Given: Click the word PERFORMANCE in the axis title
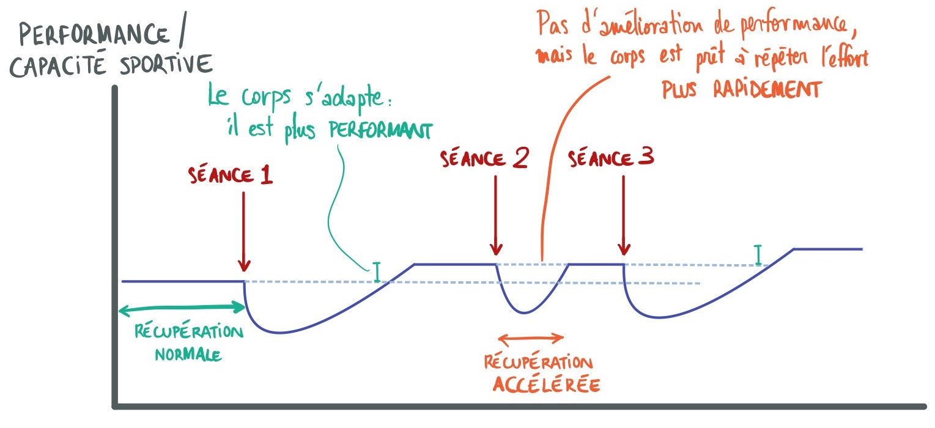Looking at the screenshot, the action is coord(94,35).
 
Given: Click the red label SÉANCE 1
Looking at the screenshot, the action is coord(231,177).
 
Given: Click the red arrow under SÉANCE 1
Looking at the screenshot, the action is coord(244,232).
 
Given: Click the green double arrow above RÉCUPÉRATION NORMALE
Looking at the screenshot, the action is coord(181,310).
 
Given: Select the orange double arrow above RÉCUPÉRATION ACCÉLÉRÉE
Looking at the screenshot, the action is coord(530,337).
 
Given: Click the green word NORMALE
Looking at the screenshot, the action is coord(187,354).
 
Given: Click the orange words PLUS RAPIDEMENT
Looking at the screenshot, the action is coord(740,90).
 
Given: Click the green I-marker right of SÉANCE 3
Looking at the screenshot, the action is coord(759,256).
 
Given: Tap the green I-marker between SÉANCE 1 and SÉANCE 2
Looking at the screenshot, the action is coord(377,273).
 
